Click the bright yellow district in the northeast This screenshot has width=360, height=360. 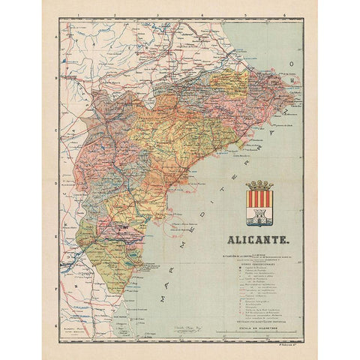pyautogui.click(x=225, y=82)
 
